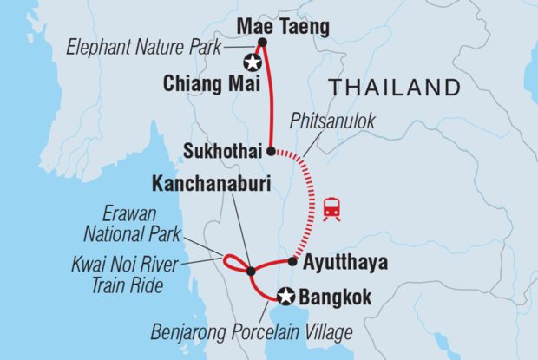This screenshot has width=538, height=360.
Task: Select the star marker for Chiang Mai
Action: (x=253, y=62)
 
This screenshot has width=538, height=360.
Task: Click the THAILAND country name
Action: (x=392, y=88)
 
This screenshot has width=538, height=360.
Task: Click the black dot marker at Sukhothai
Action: (x=271, y=151)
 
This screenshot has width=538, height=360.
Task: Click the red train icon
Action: (x=331, y=208)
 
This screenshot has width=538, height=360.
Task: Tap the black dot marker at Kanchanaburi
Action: (x=251, y=272)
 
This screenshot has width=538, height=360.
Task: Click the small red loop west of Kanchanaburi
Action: (x=233, y=262)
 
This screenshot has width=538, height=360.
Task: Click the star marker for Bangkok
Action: (x=285, y=297)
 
